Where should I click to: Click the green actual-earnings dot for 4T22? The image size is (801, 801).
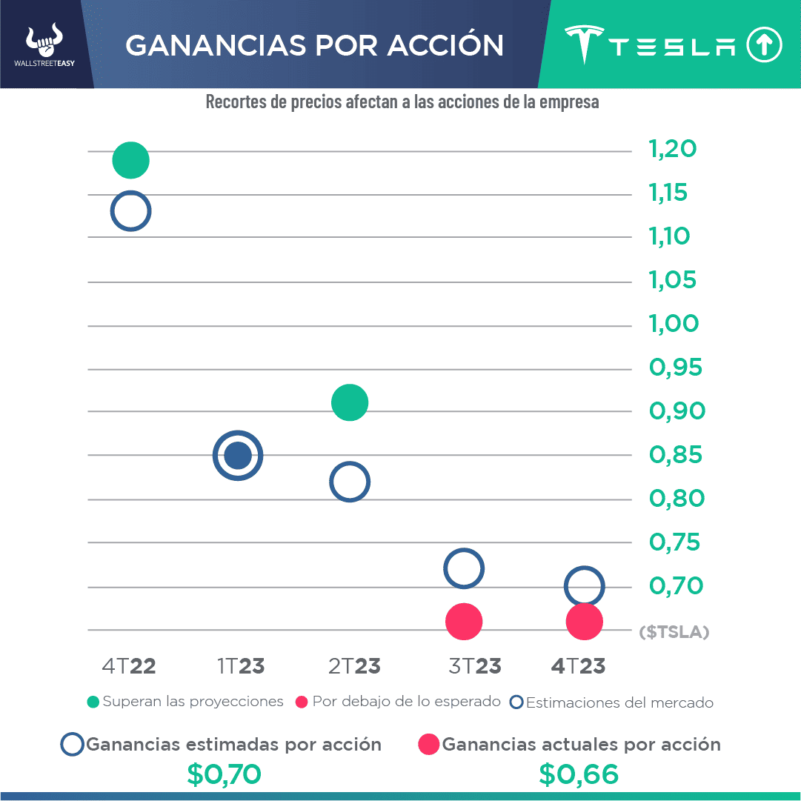tap(130, 159)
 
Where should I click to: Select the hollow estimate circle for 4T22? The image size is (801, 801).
tap(130, 211)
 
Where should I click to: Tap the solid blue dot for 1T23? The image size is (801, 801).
tap(238, 455)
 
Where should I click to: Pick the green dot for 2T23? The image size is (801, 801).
tap(350, 403)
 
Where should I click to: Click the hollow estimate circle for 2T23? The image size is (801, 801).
tap(350, 482)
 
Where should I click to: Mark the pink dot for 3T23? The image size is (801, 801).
tap(464, 621)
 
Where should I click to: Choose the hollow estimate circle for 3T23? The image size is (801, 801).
tap(464, 568)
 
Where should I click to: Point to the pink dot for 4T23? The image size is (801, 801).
tap(584, 621)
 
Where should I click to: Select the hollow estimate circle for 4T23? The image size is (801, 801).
tap(584, 587)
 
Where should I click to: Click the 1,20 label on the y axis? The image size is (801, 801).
tap(673, 149)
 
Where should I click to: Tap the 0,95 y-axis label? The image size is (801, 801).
tap(675, 368)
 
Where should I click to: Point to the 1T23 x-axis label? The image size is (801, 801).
tap(241, 666)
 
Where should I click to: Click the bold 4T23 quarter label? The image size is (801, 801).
tap(578, 666)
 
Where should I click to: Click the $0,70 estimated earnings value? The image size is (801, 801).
tap(224, 774)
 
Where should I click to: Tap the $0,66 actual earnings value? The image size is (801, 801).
tap(579, 774)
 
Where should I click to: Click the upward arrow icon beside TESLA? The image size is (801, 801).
tap(764, 46)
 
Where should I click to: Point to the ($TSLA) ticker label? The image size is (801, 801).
tap(674, 632)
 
